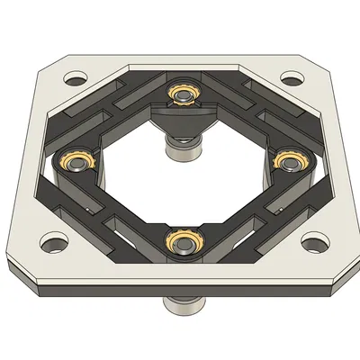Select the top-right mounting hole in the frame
click(290, 78)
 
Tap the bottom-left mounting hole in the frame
click(52, 241)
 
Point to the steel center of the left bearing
click(72, 162)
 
